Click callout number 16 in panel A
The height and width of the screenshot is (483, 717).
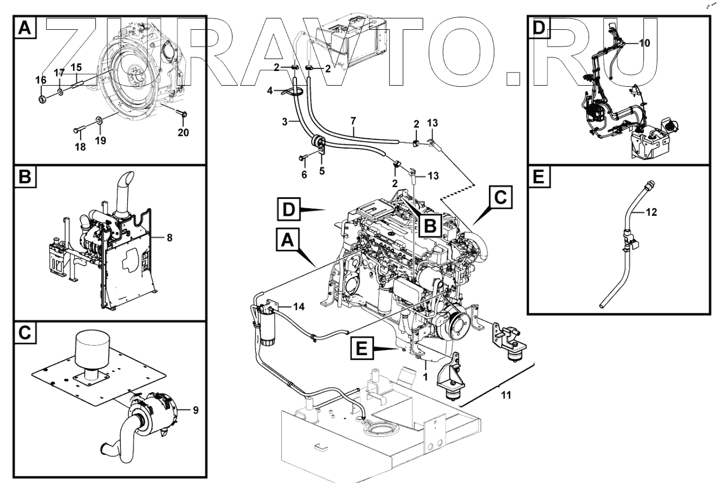[41, 80]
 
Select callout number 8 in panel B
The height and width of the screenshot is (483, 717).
[170, 237]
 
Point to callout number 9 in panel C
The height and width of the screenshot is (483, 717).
[195, 410]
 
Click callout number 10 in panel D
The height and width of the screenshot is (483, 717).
[644, 43]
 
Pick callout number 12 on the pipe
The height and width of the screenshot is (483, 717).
[651, 212]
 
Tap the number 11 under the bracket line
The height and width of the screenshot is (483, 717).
[505, 395]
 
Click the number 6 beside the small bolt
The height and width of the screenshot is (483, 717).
[304, 175]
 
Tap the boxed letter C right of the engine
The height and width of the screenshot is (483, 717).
[500, 197]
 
